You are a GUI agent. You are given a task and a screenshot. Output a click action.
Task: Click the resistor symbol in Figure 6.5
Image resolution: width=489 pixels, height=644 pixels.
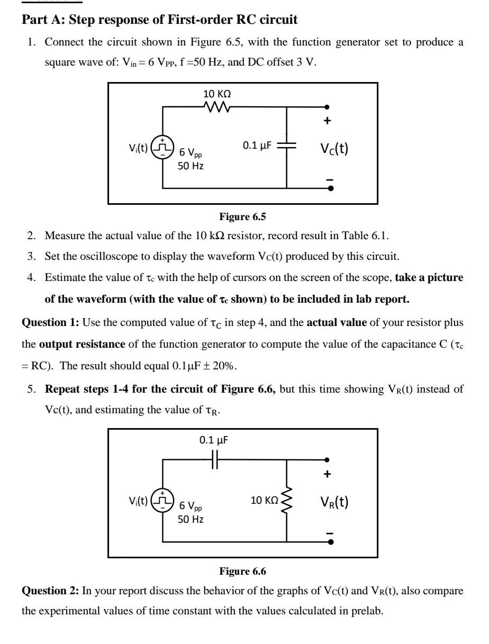(x=217, y=107)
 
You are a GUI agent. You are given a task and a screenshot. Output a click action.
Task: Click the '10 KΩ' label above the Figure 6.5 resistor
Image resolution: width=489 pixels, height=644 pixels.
(x=217, y=94)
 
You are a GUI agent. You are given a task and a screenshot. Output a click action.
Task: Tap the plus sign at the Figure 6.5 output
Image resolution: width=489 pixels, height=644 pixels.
(x=328, y=121)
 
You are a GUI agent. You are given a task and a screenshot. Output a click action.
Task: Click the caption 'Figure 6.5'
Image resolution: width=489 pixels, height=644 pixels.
(x=243, y=216)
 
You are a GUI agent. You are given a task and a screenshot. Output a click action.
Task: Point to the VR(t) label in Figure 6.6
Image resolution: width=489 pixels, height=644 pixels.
(x=333, y=501)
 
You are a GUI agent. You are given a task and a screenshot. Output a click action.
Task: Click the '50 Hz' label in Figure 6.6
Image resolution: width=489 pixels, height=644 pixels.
(x=191, y=519)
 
